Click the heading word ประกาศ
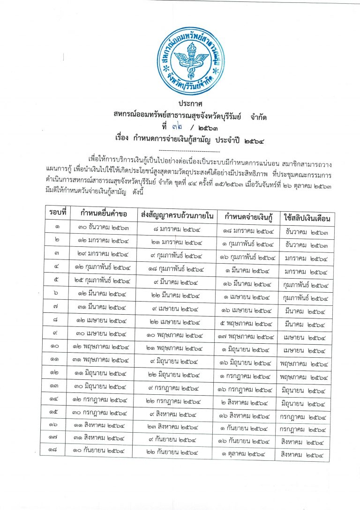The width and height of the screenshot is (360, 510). click(x=189, y=103)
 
